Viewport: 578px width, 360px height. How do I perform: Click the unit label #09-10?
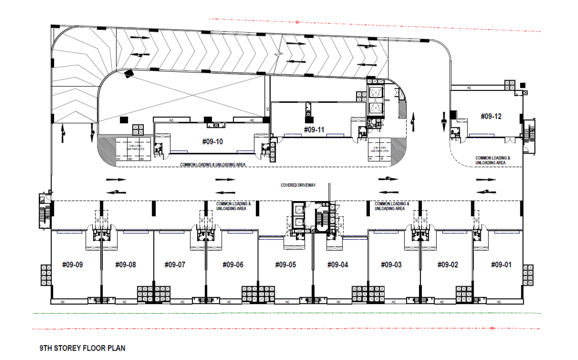[212, 142]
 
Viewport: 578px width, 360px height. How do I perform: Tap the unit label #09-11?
[314, 130]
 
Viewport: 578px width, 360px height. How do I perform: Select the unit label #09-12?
[491, 116]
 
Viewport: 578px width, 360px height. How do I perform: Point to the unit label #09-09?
[72, 265]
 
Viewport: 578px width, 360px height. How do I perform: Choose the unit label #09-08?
[125, 265]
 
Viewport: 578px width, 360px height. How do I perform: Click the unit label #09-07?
[175, 265]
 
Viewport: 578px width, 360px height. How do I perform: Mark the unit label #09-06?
[233, 265]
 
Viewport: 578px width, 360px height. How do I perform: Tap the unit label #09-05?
[285, 265]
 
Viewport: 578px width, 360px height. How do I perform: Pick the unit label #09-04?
[338, 265]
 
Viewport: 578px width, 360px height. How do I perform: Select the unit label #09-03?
[391, 265]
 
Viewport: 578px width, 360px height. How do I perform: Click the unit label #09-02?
[448, 265]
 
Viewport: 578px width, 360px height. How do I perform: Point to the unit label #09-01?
[501, 265]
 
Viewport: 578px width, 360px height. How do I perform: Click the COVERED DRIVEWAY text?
[298, 185]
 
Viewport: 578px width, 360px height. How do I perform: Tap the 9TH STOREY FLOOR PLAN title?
[82, 348]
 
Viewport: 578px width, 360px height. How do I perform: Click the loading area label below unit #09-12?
[492, 160]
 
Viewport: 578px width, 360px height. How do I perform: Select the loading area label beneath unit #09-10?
[212, 165]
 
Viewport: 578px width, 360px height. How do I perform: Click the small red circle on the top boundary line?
[297, 22]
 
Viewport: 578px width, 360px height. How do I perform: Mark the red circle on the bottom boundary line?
[492, 328]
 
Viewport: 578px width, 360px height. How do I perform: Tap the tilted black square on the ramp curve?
[129, 74]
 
